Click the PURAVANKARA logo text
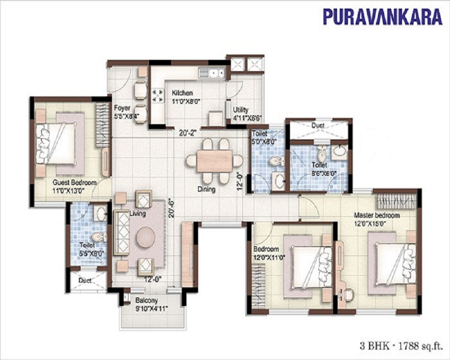pos(382,17)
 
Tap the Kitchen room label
pos(182,93)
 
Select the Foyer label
pos(122,108)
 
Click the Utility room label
pos(240,110)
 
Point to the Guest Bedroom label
pos(75,183)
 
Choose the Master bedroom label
pos(377,215)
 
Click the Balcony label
pos(147,301)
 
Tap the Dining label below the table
pos(207,189)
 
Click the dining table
pos(214,161)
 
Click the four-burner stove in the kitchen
pos(156,95)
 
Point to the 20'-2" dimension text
pos(187,133)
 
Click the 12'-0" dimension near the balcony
pos(153,279)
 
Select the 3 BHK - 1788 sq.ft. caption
pos(401,346)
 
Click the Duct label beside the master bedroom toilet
pos(318,125)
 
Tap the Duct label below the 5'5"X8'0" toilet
pos(85,280)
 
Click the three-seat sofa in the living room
pos(121,233)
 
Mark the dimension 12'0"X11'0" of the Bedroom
pos(269,257)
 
